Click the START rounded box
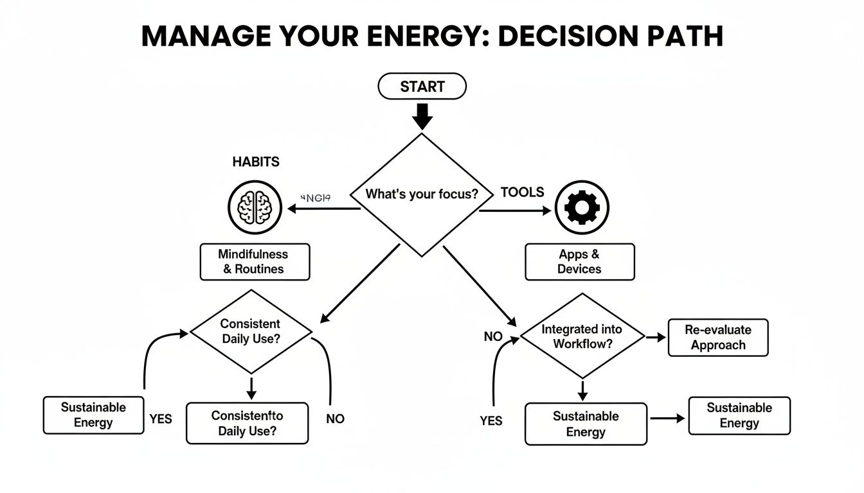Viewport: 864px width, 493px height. point(422,87)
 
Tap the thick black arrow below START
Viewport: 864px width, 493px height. point(422,117)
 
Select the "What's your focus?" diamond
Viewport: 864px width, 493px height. point(422,194)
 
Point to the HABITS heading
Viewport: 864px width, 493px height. point(256,162)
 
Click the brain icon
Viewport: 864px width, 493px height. point(255,208)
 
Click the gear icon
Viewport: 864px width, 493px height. point(582,207)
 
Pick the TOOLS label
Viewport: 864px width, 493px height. point(522,192)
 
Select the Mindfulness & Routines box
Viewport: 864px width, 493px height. point(255,262)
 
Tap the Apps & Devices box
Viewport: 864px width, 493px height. point(579,262)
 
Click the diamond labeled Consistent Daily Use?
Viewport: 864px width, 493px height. point(251,331)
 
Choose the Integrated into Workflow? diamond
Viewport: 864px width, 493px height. point(582,336)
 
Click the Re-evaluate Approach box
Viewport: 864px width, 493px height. point(718,338)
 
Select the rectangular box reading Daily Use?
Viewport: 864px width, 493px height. point(247,424)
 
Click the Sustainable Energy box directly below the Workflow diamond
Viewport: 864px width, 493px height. point(586,424)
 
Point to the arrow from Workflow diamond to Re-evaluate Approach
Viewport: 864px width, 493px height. point(656,337)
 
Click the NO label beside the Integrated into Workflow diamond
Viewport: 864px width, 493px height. point(493,337)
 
